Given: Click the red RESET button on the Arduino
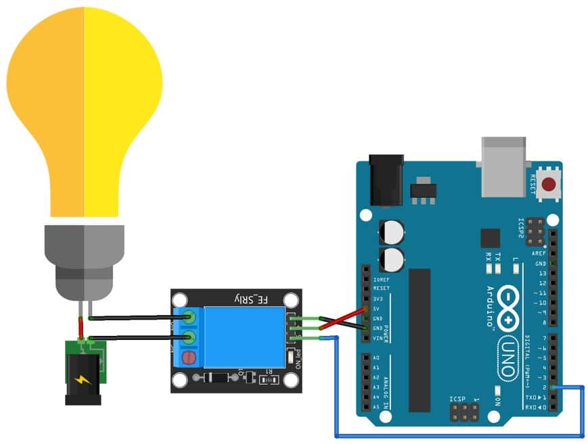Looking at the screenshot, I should tap(549, 183).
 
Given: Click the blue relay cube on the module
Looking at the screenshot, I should tap(244, 336).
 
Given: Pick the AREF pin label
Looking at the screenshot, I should tap(539, 253).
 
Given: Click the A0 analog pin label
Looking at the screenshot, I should tap(376, 358).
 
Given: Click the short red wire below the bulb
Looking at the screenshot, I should tap(81, 328).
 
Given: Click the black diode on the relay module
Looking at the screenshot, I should tap(219, 378).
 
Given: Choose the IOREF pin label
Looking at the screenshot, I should tap(381, 278).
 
